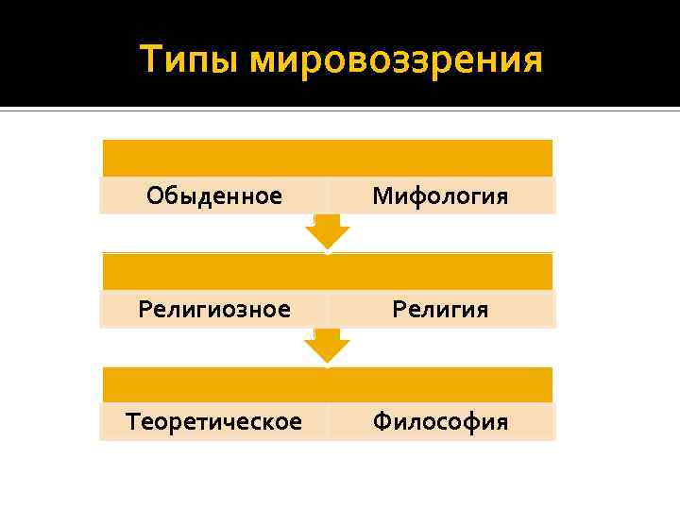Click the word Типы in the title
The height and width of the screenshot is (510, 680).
[188, 60]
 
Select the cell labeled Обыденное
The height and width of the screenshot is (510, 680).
[214, 195]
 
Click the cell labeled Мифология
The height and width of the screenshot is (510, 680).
[440, 195]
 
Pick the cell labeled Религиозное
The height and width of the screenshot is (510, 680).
[214, 309]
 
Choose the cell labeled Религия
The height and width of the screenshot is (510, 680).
[440, 309]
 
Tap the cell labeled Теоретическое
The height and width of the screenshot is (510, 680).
[214, 421]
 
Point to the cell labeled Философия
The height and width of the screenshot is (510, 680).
[440, 421]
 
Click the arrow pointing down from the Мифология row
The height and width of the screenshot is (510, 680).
[328, 232]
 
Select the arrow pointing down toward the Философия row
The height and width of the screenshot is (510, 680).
[328, 346]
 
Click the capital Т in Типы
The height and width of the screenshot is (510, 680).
[151, 59]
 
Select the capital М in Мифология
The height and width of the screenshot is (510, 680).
[382, 195]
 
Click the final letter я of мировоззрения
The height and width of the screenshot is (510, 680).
[532, 62]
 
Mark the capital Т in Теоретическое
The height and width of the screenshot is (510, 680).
[133, 421]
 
